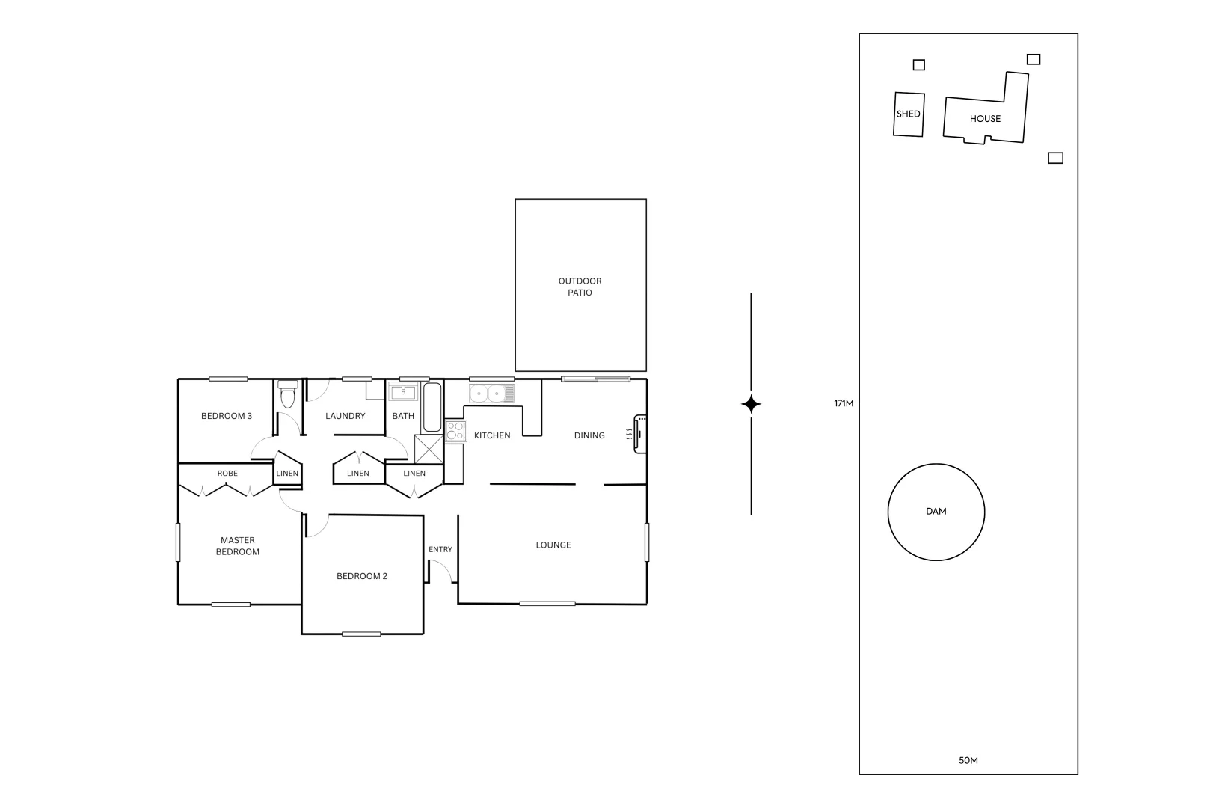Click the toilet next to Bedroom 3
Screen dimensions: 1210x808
(287, 394)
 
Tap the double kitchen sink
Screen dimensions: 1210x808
(491, 393)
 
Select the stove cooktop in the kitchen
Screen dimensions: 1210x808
(455, 431)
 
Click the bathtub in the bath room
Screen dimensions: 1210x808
(432, 408)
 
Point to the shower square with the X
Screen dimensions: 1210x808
(429, 449)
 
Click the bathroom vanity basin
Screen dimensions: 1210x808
(403, 392)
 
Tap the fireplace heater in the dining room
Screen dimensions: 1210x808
(639, 434)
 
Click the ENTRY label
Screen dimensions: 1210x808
(440, 549)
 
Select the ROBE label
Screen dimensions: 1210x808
(227, 473)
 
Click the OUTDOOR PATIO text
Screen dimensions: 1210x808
(580, 287)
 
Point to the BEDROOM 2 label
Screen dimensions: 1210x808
(362, 576)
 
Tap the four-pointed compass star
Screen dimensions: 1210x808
(751, 404)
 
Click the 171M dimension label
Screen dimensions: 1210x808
(844, 403)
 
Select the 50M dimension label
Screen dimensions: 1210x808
(968, 760)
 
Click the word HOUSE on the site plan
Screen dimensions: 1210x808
(986, 119)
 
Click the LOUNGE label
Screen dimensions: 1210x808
(553, 545)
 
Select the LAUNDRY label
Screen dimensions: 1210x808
(346, 416)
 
